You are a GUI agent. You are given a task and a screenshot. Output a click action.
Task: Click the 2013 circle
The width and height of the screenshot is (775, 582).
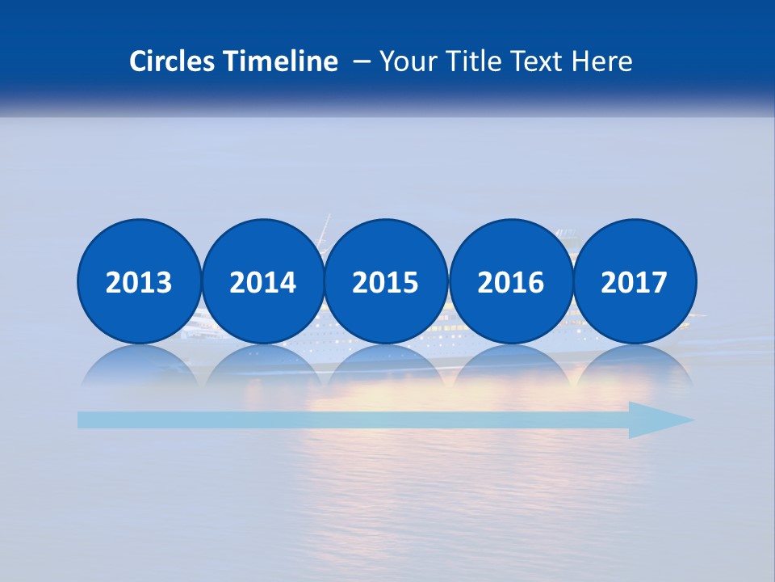(139, 281)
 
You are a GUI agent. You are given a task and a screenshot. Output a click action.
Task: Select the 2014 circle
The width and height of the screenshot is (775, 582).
(262, 281)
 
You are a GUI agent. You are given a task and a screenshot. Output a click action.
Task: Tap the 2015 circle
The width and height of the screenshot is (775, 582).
(386, 281)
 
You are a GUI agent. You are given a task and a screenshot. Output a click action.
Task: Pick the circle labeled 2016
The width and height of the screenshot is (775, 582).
(510, 281)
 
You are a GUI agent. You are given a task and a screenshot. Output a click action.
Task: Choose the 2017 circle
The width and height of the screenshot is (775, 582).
(634, 281)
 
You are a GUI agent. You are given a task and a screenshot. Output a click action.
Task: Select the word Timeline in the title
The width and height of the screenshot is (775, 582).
(282, 61)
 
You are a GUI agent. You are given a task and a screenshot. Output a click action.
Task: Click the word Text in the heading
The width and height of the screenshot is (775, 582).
(536, 61)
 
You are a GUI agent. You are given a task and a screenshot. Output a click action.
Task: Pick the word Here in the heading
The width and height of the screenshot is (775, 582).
(601, 61)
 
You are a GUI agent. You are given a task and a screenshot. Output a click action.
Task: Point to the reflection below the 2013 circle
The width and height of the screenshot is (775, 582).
(139, 364)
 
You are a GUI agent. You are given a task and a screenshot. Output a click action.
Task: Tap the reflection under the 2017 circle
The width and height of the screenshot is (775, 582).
(634, 364)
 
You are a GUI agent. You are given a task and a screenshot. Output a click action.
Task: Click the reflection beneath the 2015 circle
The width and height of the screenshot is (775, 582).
(386, 364)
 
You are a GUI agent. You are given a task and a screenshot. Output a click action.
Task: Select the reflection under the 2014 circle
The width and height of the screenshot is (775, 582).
(262, 364)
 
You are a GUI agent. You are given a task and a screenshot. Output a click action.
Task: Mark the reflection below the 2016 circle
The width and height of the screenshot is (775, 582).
(510, 364)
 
